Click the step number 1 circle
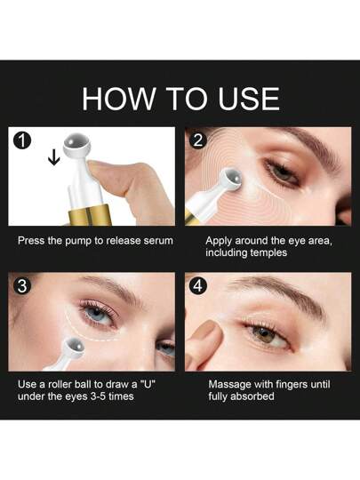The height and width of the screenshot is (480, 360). click(22, 140)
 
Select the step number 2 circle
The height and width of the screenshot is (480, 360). click(198, 140)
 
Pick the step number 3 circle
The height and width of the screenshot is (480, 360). click(22, 286)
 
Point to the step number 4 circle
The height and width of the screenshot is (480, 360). click(198, 286)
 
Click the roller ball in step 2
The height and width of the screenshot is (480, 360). click(233, 178)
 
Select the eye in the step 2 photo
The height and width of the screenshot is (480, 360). click(282, 172)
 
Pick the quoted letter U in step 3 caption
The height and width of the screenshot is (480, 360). click(148, 384)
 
